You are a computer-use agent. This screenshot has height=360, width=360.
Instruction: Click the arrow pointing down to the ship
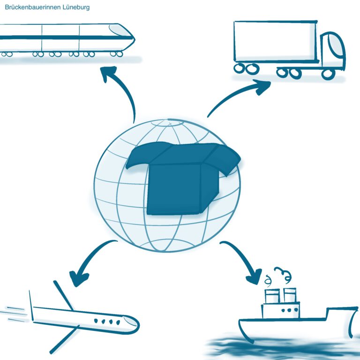pos(244,260)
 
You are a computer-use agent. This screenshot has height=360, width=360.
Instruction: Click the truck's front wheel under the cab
pos(329,73)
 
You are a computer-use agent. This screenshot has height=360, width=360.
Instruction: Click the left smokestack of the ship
pos(272,296)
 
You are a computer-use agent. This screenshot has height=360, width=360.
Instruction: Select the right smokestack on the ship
pos(290,295)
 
